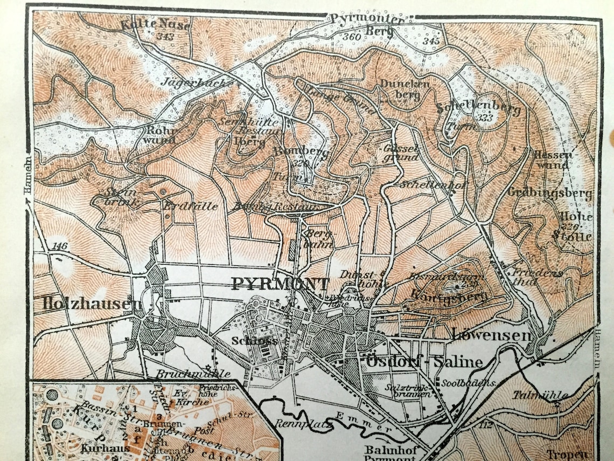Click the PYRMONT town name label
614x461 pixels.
(x=280, y=284)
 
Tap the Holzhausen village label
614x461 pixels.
(x=92, y=304)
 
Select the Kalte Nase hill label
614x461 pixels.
(x=155, y=24)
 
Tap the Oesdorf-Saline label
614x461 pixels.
(x=424, y=361)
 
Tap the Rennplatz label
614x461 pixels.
(x=295, y=423)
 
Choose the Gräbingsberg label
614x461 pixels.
(x=549, y=193)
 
